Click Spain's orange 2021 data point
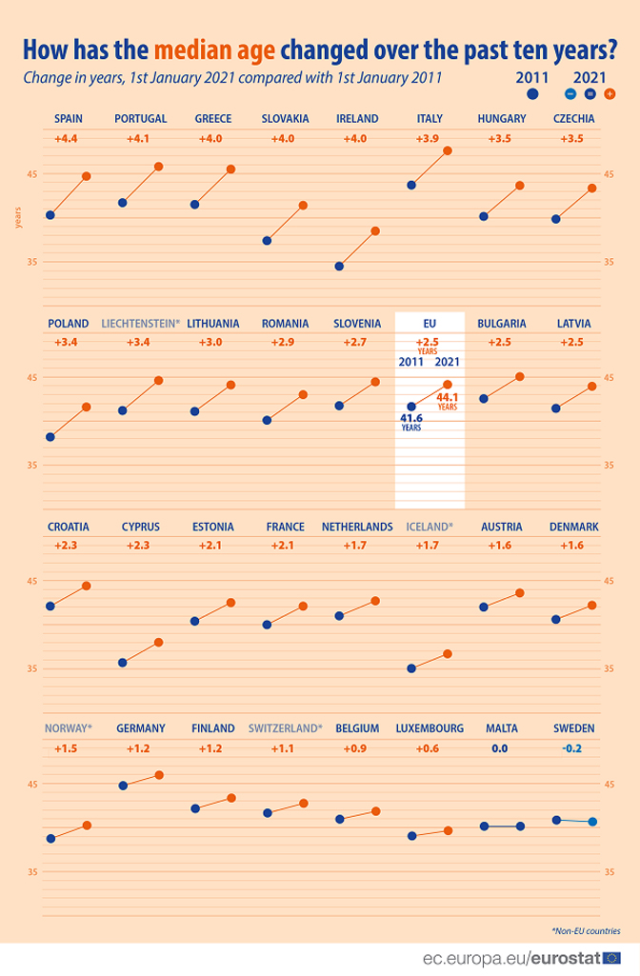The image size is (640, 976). (86, 176)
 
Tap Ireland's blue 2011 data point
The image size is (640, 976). (340, 266)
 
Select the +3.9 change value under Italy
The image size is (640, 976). (430, 139)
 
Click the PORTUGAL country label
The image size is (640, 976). (140, 119)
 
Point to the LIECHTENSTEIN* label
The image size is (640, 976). (140, 324)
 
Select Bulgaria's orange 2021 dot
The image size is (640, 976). (520, 377)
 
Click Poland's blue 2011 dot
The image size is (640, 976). (50, 437)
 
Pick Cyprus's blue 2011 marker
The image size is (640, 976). (123, 662)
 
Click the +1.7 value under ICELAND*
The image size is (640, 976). (430, 546)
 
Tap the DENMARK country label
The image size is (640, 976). (574, 527)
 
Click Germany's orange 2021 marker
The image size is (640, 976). (159, 775)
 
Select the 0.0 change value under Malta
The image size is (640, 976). (500, 748)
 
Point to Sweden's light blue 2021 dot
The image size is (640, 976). (592, 822)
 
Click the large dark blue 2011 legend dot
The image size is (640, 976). (532, 94)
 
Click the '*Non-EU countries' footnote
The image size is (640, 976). (586, 930)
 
